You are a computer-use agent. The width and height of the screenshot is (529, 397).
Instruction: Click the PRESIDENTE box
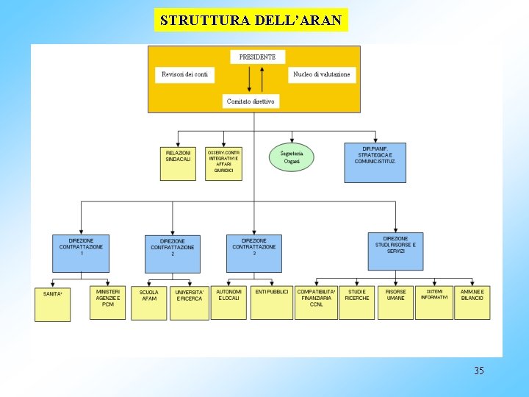tap(258, 57)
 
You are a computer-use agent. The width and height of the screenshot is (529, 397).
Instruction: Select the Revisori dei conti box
tap(185, 74)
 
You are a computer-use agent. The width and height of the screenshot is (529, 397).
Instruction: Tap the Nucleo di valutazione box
tap(322, 74)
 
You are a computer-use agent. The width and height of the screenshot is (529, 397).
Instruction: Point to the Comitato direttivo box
tap(251, 101)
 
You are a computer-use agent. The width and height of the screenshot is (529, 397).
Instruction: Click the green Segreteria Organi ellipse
tap(292, 157)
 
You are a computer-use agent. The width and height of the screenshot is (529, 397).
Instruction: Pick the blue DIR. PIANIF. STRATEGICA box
tap(375, 162)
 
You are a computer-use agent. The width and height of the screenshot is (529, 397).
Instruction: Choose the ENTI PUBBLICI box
tap(272, 302)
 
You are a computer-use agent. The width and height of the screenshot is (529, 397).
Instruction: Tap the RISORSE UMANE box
tap(395, 302)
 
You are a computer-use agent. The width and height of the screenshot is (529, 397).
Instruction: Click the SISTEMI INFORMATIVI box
tap(434, 302)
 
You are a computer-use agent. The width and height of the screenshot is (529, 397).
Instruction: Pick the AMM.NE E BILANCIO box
tap(472, 302)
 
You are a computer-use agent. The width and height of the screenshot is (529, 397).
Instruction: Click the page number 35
tap(479, 371)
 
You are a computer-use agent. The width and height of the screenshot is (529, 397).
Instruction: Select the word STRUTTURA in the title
tap(205, 20)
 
